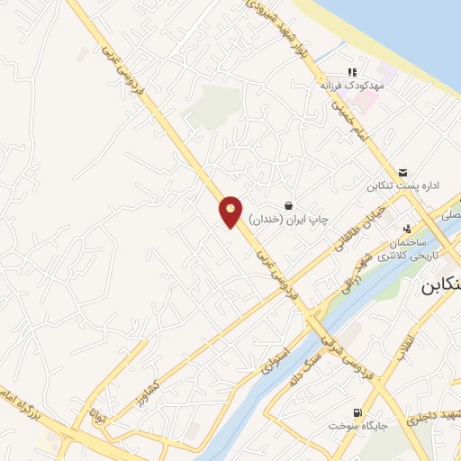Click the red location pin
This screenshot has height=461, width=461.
231,212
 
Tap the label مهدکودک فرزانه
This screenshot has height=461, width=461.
346,86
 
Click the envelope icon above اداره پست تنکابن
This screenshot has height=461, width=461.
402,172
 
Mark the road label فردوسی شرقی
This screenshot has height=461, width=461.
341,350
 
